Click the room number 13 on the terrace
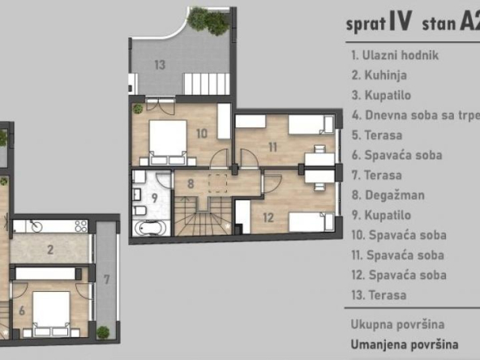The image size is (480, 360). pos(160,65)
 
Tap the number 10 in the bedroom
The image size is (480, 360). pos(202,134)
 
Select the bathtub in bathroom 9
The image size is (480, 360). pos(151,228)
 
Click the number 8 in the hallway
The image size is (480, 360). pos(191,184)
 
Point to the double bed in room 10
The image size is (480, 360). pos(168,143)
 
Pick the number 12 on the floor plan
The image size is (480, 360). pos(268,217)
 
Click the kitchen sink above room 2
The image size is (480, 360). pos(36,225)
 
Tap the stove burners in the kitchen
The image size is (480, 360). pos(81,226)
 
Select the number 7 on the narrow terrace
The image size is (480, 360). pos(106,280)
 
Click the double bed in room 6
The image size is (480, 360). pos(51,314)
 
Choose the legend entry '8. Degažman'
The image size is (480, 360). pos(388,195)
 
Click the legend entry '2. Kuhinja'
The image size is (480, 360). pos(379,75)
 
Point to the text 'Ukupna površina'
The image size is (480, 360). pos(397,324)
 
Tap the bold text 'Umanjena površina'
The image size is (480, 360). pos(405,345)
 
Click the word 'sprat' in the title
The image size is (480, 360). pos(366,24)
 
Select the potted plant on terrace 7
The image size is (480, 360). pos(103,332)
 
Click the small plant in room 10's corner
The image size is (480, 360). pos(138,109)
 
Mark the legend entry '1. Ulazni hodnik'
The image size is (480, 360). pos(395,55)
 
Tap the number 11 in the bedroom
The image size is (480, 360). pos(272,148)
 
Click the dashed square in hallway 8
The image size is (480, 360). pos(217,183)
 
